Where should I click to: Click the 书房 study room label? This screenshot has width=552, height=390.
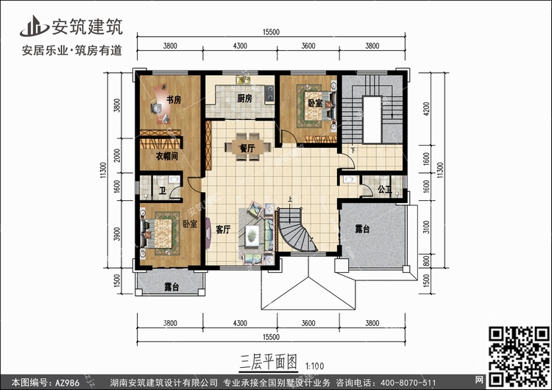174,100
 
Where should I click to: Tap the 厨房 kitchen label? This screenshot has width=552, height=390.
244,98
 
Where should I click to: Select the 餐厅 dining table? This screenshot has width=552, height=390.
248,146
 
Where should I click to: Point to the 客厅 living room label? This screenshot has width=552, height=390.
223,230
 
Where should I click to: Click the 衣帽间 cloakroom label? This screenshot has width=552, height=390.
166,156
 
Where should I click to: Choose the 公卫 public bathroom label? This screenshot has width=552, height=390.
384,190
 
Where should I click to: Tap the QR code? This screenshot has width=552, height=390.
519,356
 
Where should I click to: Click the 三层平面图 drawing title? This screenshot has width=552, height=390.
269,362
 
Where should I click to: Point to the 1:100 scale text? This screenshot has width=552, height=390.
314,366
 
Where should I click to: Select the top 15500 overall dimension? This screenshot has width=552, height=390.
271,32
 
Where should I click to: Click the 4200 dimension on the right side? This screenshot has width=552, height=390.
426,109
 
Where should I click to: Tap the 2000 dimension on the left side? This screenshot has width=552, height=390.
117,155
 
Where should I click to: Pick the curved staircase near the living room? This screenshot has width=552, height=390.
296,230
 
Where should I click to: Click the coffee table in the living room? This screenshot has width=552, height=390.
252,235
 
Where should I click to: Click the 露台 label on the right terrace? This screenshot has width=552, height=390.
362,230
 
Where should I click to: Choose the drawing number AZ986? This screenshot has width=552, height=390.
67,383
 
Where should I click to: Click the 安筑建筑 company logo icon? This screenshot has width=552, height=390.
34,26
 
